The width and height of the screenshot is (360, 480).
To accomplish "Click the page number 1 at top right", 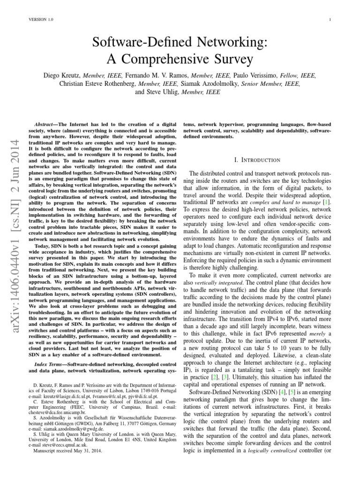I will coord(330,19).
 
